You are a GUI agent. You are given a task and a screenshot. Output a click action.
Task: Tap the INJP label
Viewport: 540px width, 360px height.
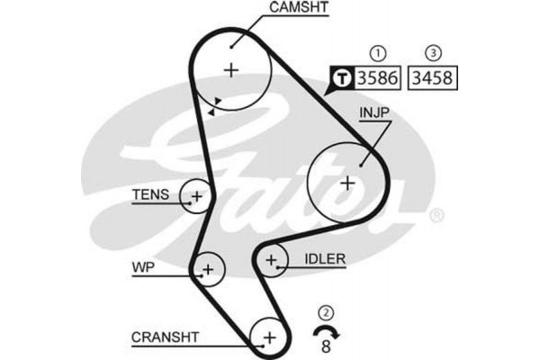click(377, 113)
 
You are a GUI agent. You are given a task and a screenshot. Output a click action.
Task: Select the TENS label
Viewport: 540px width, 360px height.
click(148, 194)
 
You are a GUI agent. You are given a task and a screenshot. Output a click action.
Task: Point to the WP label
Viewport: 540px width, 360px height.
click(143, 267)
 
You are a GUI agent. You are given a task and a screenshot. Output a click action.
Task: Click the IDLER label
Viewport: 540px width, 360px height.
click(325, 259)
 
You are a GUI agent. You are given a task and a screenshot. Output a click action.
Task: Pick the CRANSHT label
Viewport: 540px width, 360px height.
click(166, 337)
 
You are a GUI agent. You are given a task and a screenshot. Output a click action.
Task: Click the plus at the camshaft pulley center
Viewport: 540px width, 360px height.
click(232, 69)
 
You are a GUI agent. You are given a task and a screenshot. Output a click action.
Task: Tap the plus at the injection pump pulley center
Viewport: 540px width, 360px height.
click(347, 182)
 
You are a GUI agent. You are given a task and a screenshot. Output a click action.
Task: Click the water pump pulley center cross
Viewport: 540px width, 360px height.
click(208, 267)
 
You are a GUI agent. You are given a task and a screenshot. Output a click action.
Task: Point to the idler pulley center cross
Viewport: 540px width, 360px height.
click(271, 261)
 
